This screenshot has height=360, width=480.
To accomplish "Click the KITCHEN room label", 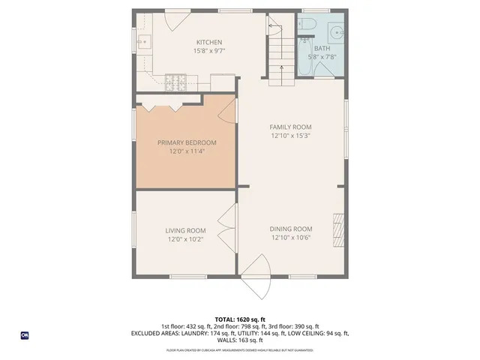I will click(x=208, y=42).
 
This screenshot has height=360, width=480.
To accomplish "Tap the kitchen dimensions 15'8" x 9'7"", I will click(x=208, y=52).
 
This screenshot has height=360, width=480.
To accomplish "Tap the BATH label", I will click(x=322, y=48).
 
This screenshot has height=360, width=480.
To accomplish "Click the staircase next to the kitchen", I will click(x=280, y=52).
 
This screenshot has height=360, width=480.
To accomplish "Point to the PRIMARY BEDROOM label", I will click(x=186, y=142).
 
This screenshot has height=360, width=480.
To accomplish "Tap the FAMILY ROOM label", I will click(x=290, y=127).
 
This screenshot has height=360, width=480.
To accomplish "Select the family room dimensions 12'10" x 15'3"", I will click(x=290, y=136).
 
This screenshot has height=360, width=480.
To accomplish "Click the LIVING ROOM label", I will click(x=185, y=230).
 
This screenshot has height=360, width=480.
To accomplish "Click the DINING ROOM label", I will click(x=290, y=229).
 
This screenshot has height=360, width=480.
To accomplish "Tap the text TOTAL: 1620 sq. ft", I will click(x=239, y=319).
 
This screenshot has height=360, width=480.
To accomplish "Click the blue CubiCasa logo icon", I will click(x=25, y=335).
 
